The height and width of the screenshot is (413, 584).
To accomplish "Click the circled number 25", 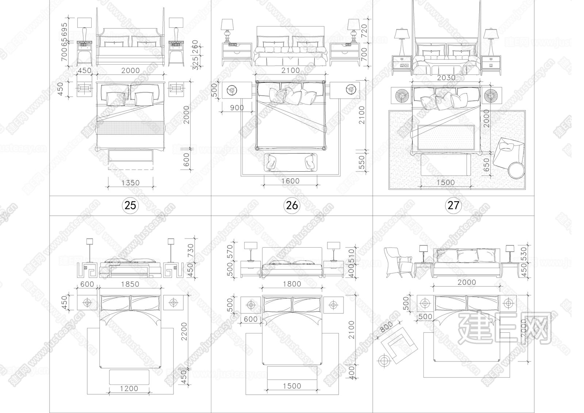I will click(130, 205).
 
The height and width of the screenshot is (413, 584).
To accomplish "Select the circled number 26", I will click(292, 205).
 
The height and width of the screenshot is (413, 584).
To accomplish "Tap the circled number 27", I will click(453, 205).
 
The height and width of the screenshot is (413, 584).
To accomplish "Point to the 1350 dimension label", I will click(130, 182).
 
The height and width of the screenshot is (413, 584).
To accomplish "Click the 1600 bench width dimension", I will click(291, 181).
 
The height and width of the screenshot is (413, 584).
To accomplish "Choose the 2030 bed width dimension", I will click(446, 77).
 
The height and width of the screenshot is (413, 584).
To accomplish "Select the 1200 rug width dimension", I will click(129, 389).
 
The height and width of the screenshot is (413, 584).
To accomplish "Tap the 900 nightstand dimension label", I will click(237, 108).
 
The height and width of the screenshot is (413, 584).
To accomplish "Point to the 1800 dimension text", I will click(292, 284).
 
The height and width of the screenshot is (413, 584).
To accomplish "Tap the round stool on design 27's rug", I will click(516, 171).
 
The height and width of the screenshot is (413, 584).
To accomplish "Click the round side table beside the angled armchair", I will click(384, 361).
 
